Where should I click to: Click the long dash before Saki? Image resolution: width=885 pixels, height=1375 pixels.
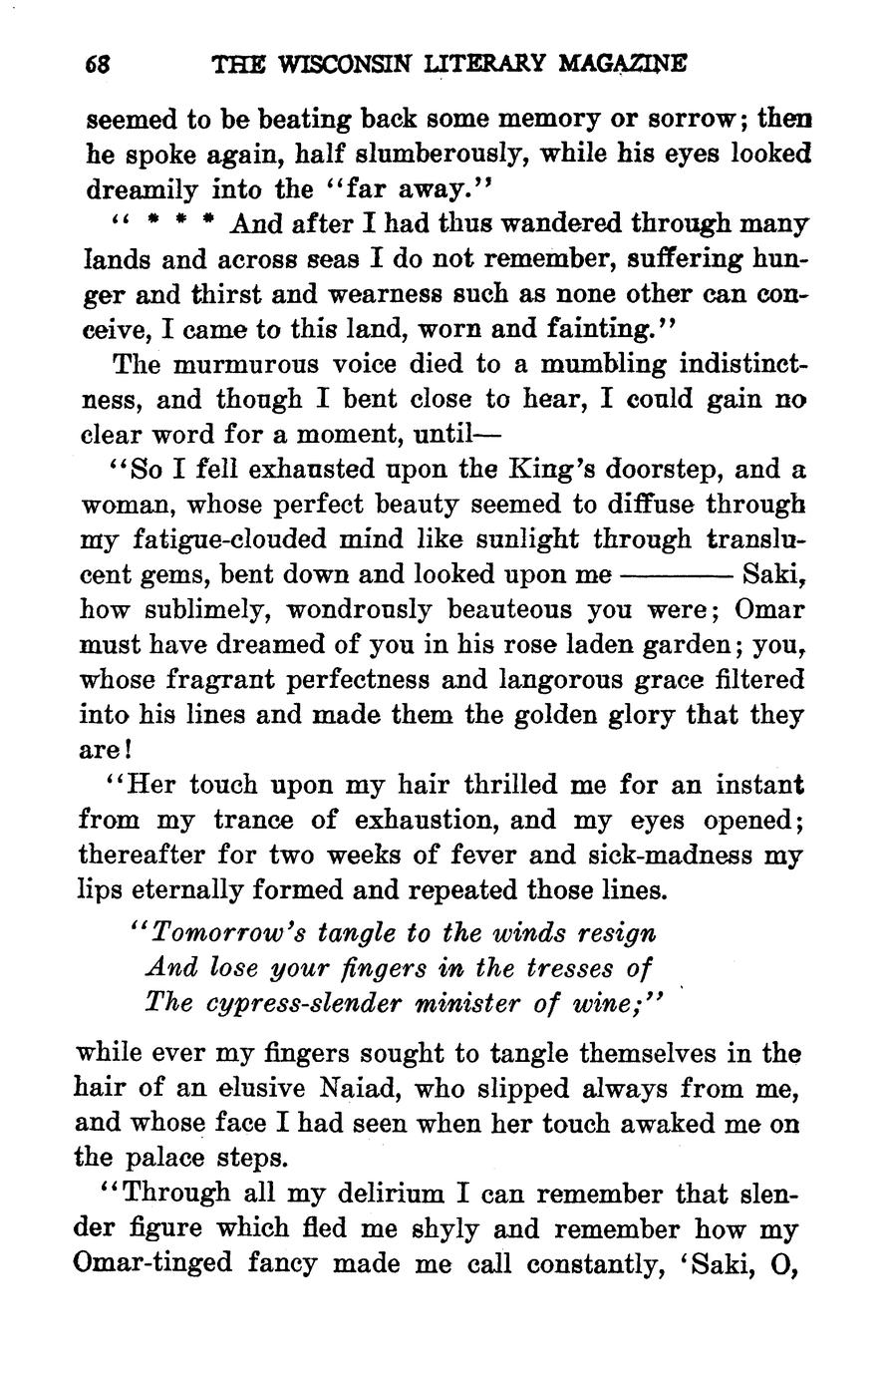point(677,576)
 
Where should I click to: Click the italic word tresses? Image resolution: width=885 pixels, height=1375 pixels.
point(563,968)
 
